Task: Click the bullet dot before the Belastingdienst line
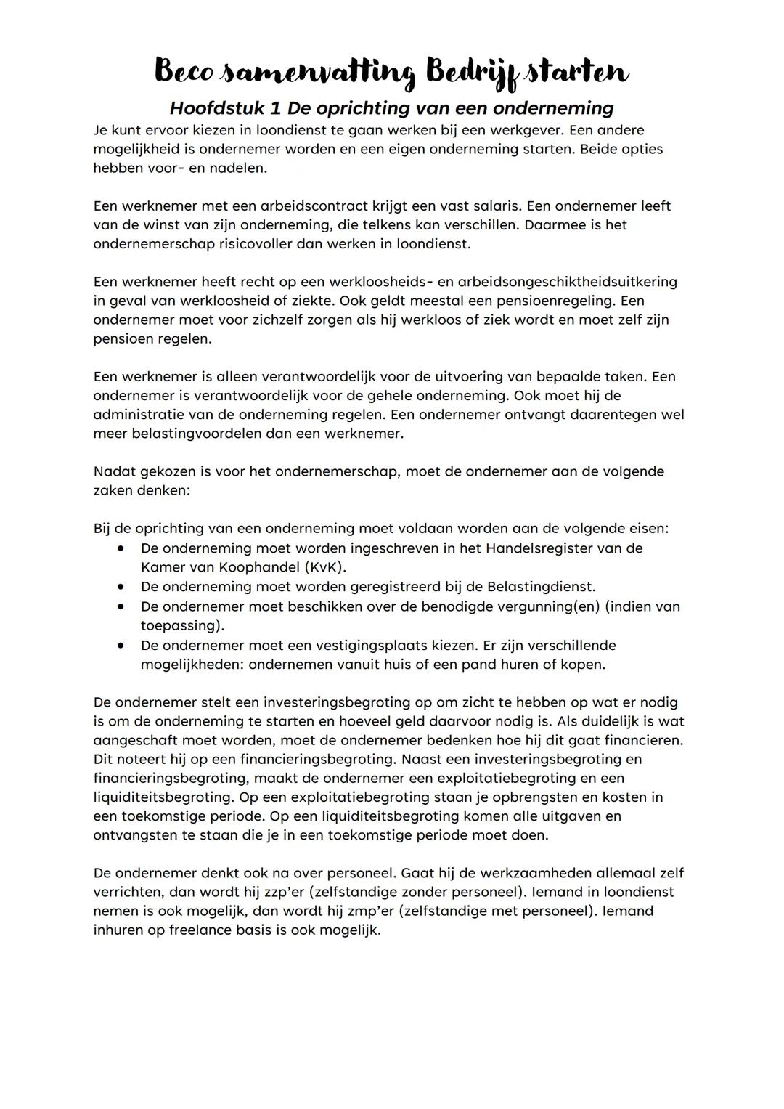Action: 121,586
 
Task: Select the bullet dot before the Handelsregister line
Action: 121,548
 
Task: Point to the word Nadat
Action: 114,471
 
